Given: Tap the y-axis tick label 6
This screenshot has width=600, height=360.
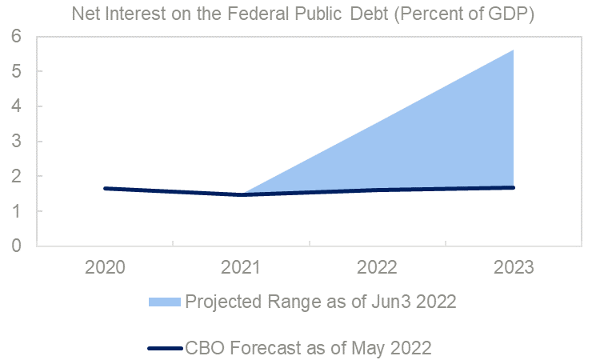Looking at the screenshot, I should pyautogui.click(x=16, y=37).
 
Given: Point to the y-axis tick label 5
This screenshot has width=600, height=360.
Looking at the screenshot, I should pyautogui.click(x=16, y=72).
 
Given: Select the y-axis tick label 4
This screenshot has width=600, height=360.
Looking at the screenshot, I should pyautogui.click(x=16, y=106).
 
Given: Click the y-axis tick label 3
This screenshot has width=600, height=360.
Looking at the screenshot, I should pyautogui.click(x=16, y=142).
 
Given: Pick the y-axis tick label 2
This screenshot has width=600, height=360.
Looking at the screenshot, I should pyautogui.click(x=16, y=176).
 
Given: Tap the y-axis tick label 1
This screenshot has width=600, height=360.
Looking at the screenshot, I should pyautogui.click(x=16, y=211).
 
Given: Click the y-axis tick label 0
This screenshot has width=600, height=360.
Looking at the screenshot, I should pyautogui.click(x=16, y=246).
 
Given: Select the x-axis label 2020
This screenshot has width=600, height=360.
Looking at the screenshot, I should pyautogui.click(x=105, y=266).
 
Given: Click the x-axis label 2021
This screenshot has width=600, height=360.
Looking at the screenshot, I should pyautogui.click(x=241, y=266).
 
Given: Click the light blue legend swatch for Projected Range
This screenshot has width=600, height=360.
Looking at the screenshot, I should pyautogui.click(x=165, y=302).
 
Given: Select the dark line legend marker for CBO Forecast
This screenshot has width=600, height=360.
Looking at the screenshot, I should pyautogui.click(x=165, y=348).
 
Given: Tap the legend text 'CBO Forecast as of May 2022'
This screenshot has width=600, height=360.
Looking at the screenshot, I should pyautogui.click(x=309, y=348).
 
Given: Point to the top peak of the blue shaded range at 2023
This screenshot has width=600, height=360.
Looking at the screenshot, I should pyautogui.click(x=513, y=50).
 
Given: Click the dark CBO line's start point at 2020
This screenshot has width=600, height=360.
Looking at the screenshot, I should pyautogui.click(x=105, y=189).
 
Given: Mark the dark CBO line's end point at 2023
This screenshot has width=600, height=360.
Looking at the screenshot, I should pyautogui.click(x=513, y=187).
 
